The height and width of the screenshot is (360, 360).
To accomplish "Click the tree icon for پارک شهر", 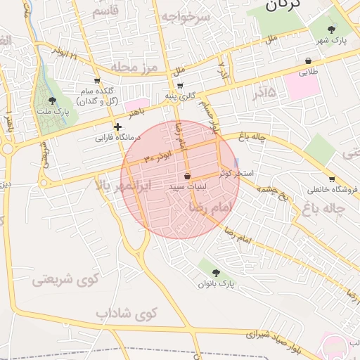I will pos(332,30).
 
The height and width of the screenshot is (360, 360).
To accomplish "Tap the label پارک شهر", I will pos(332,41).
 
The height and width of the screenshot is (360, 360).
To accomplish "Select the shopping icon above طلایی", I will pos(309,61).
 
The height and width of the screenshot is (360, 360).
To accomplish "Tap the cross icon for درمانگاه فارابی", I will pos(118,127).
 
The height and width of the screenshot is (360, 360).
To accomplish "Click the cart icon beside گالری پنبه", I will pos(181,86).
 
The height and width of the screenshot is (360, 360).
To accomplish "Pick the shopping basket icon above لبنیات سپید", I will pos(187,176).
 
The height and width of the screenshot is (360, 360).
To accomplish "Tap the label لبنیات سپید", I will pos(187,188).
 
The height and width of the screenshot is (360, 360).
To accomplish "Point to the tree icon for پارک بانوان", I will pos(215,272).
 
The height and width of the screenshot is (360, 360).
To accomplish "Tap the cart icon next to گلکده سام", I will pos(97,81).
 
